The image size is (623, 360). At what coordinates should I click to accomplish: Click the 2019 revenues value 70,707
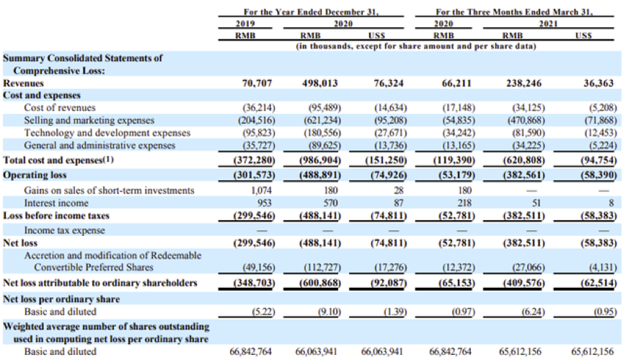[257, 83]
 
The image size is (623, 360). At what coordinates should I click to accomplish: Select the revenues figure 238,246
[523, 83]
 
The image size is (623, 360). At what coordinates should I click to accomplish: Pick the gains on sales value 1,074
[262, 190]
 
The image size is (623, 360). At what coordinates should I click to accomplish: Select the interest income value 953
[264, 203]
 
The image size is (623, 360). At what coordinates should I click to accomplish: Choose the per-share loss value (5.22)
[263, 312]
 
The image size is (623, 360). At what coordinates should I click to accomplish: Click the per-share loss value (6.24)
[533, 312]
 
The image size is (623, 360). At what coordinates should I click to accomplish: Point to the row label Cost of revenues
[60, 107]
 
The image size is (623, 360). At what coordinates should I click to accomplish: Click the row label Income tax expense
[64, 230]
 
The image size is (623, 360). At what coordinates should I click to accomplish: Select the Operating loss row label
[35, 175]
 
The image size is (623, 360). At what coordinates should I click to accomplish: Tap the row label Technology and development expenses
[107, 133]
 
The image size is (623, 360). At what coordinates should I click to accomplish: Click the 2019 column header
[245, 24]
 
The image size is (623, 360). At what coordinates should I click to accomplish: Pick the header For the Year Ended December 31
[311, 12]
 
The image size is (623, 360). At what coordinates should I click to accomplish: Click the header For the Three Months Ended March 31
[514, 12]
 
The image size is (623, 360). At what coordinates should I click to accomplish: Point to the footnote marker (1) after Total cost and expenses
[108, 159]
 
